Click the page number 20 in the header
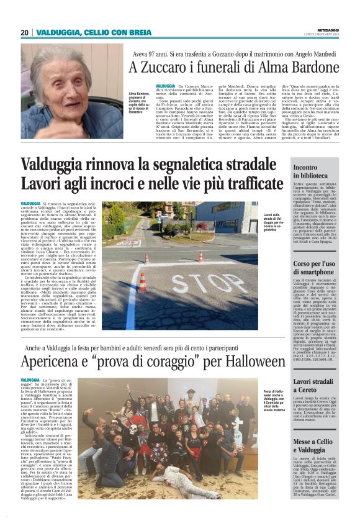[24, 33]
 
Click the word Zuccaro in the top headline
[166, 65]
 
